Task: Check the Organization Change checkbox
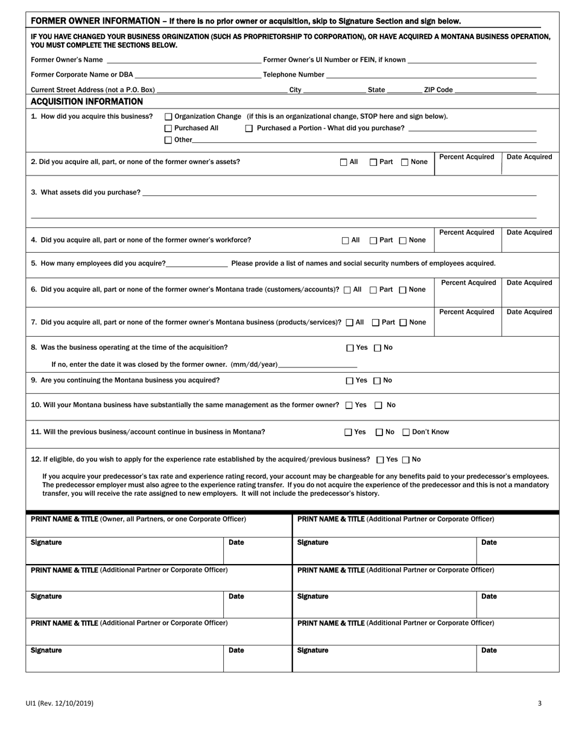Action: pyautogui.click(x=168, y=116)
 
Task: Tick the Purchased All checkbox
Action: pyautogui.click(x=168, y=128)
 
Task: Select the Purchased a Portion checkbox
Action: pyautogui.click(x=249, y=128)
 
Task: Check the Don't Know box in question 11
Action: pyautogui.click(x=406, y=432)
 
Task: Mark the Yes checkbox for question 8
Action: pyautogui.click(x=350, y=347)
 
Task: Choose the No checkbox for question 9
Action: pyautogui.click(x=378, y=381)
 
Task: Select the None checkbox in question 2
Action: pyautogui.click(x=405, y=162)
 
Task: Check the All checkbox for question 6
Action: pyautogui.click(x=347, y=290)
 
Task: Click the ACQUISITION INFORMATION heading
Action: pyautogui.click(x=87, y=101)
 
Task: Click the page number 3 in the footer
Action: pyautogui.click(x=540, y=703)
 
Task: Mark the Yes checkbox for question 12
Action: pyautogui.click(x=380, y=460)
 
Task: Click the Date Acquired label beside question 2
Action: pyautogui.click(x=529, y=157)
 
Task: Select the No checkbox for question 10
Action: pyautogui.click(x=379, y=405)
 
